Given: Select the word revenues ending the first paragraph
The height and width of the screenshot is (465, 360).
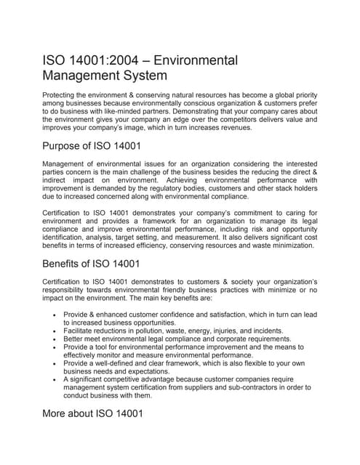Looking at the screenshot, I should click(x=229, y=127).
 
